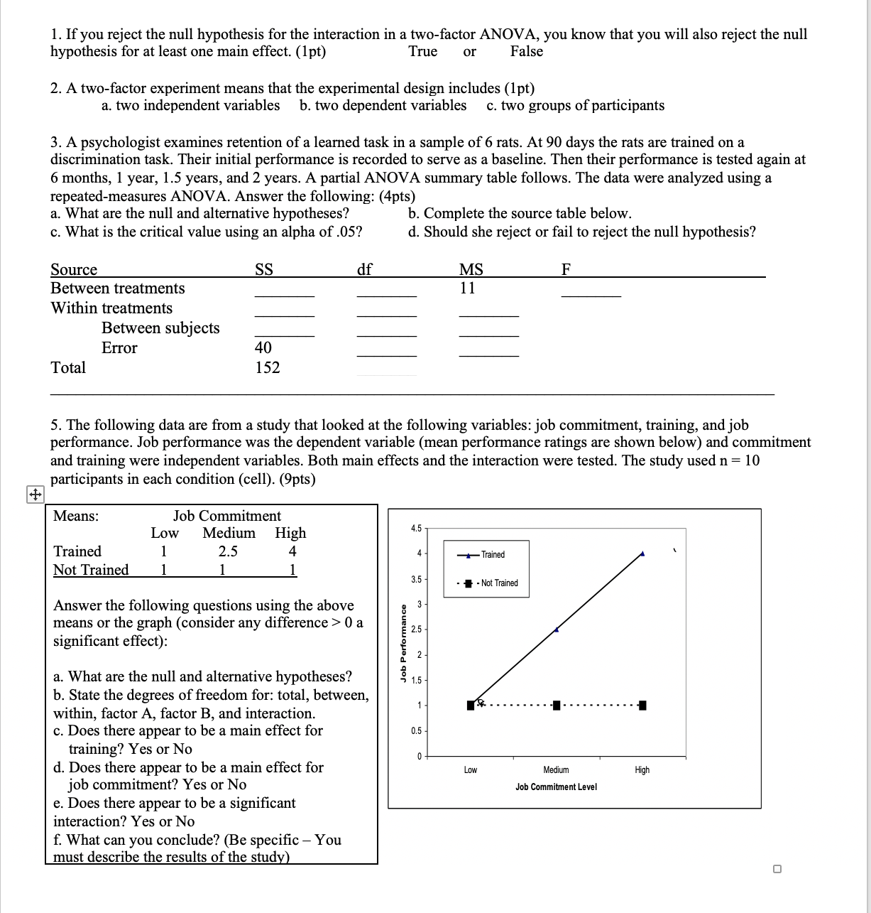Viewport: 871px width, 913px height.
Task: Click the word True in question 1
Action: [422, 52]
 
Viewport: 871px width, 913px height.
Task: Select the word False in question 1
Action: [526, 52]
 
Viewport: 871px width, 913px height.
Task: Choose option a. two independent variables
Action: [190, 106]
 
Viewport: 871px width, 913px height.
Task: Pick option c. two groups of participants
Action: [575, 106]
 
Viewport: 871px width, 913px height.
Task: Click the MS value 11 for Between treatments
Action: [467, 288]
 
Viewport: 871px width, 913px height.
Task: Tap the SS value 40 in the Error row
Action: [263, 348]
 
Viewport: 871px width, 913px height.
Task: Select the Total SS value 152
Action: [267, 368]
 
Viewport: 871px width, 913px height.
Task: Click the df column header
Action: [364, 269]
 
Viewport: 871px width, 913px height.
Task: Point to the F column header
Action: [566, 269]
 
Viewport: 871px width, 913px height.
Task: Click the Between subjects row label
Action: [160, 328]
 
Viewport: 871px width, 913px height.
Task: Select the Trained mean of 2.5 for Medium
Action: [228, 552]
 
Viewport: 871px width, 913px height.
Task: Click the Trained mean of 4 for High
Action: [292, 552]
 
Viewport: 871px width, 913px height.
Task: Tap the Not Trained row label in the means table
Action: [91, 571]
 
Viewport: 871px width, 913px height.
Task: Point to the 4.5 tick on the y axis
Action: [416, 529]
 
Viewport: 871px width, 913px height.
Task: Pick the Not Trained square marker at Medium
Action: [557, 706]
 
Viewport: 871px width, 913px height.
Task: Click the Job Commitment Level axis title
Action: [556, 787]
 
